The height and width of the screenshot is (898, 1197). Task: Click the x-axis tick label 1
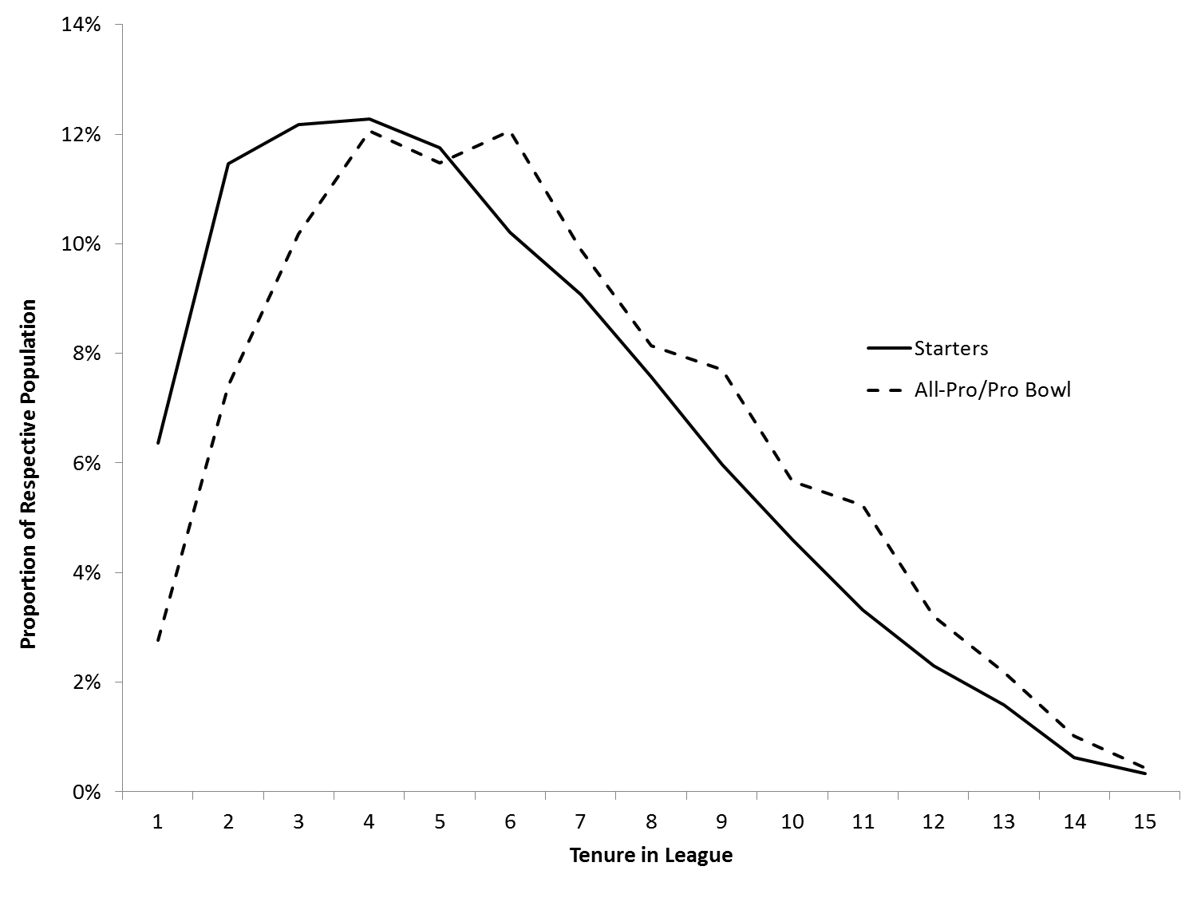pos(157,822)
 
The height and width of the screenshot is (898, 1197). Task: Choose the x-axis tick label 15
pos(1144,822)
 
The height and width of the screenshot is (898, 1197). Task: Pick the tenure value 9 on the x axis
pos(721,822)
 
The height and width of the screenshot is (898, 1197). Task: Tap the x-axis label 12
pos(933,822)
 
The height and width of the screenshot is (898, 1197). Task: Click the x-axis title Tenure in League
pos(650,856)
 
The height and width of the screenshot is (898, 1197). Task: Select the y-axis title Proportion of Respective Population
pos(29,474)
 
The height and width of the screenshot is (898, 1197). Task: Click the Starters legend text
pos(950,349)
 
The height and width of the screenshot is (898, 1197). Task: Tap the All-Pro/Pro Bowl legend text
pos(992,390)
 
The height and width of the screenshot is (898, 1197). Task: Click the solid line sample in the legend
pos(888,349)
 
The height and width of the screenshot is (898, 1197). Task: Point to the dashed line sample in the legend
pos(888,390)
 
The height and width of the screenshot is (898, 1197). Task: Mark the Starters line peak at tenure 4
pos(369,119)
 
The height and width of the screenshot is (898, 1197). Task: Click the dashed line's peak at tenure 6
pos(509,133)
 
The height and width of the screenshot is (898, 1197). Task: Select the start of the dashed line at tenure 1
pos(158,640)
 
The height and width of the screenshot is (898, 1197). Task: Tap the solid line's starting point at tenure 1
pos(158,443)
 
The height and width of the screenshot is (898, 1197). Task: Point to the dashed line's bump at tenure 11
pos(863,505)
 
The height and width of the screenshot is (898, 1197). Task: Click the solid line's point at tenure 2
pos(228,164)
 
